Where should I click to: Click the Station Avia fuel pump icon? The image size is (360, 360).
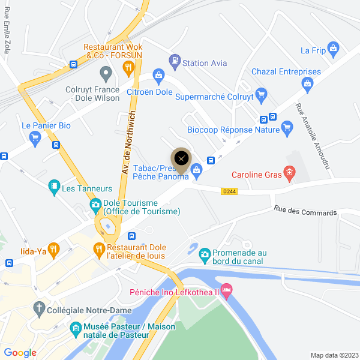[174, 60]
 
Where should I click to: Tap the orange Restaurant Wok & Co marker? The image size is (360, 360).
[127, 68]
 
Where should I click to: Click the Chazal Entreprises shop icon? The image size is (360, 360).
[309, 83]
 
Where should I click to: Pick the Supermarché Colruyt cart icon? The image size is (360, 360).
[260, 94]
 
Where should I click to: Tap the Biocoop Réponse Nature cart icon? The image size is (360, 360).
[287, 127]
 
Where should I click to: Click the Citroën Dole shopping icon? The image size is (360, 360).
[158, 75]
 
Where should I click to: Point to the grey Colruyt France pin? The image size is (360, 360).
[106, 75]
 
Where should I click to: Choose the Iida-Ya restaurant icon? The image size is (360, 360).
[53, 248]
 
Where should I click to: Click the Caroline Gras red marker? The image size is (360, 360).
[289, 175]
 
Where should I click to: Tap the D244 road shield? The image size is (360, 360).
[229, 191]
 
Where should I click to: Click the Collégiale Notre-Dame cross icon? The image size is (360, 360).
[39, 308]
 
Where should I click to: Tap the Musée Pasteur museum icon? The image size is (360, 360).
[76, 328]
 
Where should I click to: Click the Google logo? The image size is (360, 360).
[20, 352]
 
